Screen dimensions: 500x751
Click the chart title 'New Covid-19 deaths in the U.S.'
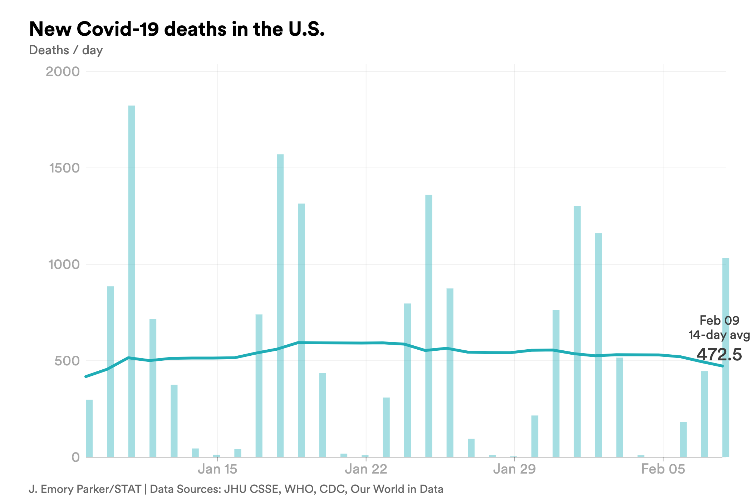coord(177,29)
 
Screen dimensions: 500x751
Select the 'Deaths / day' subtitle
coord(66,50)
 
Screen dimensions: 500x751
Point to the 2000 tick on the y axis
coord(63,71)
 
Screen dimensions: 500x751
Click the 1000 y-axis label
coord(64,264)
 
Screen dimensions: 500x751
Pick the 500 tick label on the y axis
coord(67,361)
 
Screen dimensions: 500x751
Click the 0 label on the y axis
coord(75,457)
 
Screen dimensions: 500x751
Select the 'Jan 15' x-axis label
coord(217,469)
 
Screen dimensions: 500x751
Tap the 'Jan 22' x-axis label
coord(366,469)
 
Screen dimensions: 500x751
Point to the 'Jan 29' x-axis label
coord(514,469)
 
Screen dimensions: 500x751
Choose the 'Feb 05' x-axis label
coord(663,469)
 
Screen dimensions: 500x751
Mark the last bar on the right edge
coord(726,357)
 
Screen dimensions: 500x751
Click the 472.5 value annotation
coord(719,355)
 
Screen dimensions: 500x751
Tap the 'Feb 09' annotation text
coord(719,320)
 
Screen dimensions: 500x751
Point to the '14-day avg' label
coord(719,335)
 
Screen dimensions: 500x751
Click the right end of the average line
coord(722,366)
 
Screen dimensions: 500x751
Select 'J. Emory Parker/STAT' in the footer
coord(85,489)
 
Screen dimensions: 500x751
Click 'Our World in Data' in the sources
coord(397,489)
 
